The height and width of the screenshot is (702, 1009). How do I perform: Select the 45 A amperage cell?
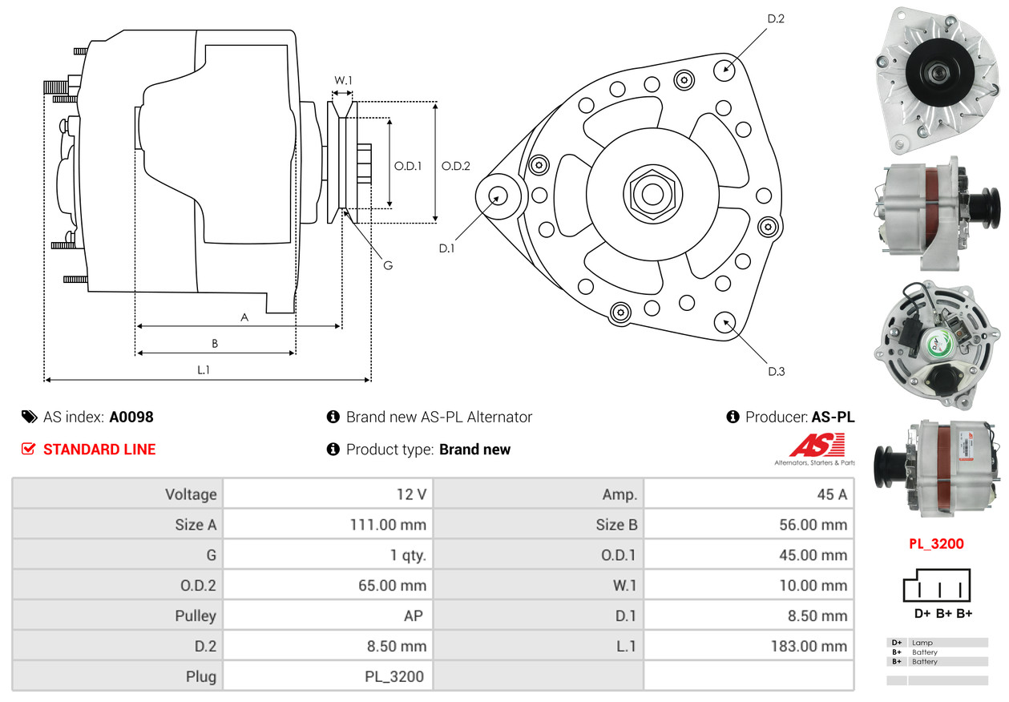[x=831, y=494]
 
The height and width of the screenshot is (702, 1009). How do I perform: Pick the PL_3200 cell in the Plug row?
[x=394, y=676]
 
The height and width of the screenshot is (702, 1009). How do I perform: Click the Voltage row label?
[x=191, y=494]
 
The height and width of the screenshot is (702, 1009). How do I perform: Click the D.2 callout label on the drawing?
[x=775, y=18]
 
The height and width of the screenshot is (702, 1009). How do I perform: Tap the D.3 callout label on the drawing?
[x=776, y=371]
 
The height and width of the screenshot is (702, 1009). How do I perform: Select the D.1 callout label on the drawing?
[x=446, y=248]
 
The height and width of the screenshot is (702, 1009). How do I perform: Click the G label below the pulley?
[x=387, y=265]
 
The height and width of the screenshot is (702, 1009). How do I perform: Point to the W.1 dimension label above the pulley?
[x=343, y=80]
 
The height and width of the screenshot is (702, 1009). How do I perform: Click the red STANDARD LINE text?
[x=99, y=450]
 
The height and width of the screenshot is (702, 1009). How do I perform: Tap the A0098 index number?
[x=131, y=417]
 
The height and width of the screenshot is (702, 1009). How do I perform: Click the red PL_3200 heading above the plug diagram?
[x=936, y=543]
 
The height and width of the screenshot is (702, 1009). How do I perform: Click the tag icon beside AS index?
[x=29, y=417]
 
